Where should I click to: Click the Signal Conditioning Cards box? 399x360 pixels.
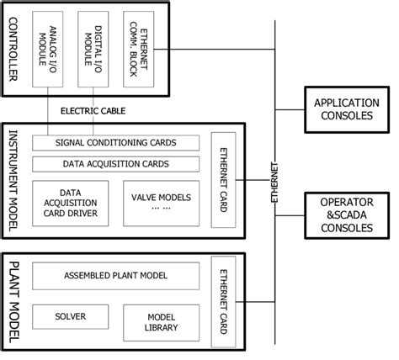click(114, 142)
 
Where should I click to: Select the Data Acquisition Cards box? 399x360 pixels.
click(114, 163)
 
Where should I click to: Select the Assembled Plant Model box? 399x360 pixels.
click(114, 275)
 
